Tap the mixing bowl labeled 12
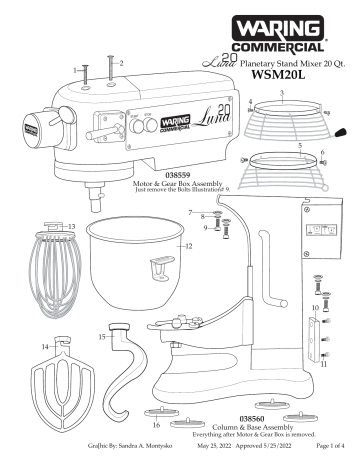click(x=138, y=265)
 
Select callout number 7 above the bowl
click(x=190, y=214)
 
